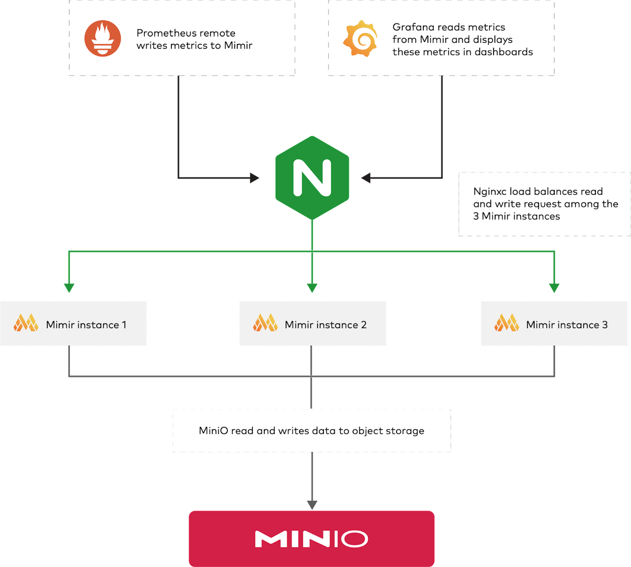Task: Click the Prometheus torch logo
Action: click(x=103, y=38)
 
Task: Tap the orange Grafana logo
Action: click(x=360, y=38)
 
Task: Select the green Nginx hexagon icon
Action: click(x=312, y=178)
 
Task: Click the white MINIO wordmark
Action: click(x=311, y=539)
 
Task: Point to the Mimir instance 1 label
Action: click(x=86, y=325)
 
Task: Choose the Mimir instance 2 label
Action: click(x=325, y=325)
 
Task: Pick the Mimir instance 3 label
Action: click(x=567, y=325)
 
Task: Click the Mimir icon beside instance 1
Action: click(x=26, y=323)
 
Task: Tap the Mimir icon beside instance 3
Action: click(x=506, y=323)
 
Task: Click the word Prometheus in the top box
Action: click(x=168, y=33)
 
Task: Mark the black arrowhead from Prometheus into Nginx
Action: click(x=254, y=178)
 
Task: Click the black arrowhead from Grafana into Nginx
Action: click(x=366, y=178)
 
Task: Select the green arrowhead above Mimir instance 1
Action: click(x=69, y=288)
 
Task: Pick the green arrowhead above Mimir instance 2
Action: click(x=312, y=288)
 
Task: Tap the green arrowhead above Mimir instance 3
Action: click(x=554, y=288)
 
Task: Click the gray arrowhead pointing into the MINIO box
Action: click(x=312, y=505)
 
